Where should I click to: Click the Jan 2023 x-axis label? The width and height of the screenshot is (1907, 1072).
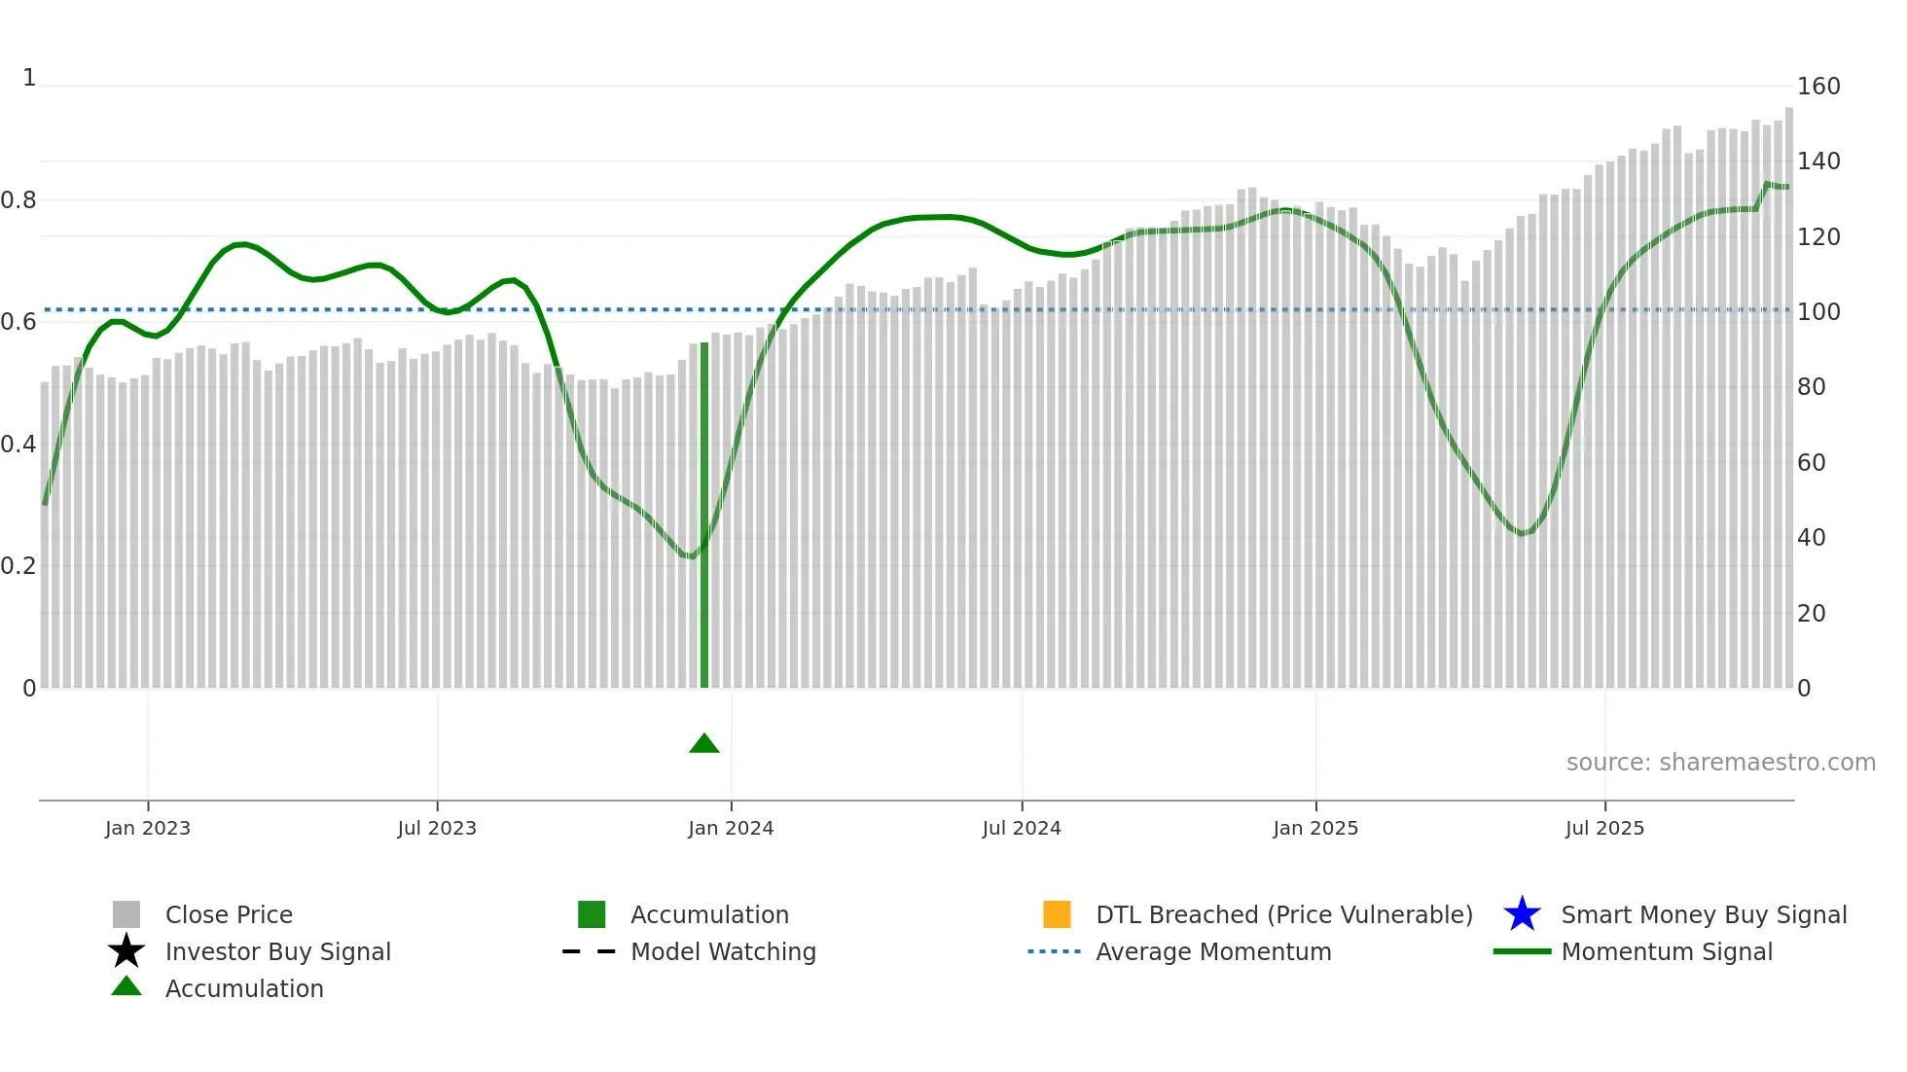tap(148, 828)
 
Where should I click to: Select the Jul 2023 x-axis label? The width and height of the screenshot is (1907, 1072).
tap(437, 828)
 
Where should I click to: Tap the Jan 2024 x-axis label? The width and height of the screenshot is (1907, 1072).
tap(731, 828)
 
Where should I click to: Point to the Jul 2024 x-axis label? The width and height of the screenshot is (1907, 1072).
tap(1022, 828)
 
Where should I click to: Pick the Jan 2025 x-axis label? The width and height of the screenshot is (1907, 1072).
tap(1315, 828)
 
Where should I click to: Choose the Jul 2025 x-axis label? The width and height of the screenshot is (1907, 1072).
tap(1604, 828)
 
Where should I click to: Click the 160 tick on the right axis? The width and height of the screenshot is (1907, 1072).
tap(1818, 87)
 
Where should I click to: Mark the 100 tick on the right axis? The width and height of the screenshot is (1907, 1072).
tap(1818, 312)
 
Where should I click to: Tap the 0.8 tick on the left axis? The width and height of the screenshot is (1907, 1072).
tap(18, 200)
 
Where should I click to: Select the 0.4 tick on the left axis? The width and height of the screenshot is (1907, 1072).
tap(18, 445)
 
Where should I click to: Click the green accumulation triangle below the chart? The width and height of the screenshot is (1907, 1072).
tap(704, 744)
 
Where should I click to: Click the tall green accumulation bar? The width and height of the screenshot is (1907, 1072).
tap(704, 516)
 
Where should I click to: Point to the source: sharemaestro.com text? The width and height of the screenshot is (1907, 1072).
tap(1720, 763)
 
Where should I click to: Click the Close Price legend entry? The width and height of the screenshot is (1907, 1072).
tap(229, 915)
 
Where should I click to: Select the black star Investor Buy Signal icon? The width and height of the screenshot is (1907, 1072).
tap(126, 951)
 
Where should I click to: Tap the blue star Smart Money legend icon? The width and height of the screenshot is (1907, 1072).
tap(1522, 914)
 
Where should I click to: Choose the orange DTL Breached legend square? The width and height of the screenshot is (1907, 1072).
tap(1057, 914)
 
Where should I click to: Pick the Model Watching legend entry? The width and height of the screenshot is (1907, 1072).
tap(723, 952)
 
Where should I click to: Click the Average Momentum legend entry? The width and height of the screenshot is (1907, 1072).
tap(1213, 952)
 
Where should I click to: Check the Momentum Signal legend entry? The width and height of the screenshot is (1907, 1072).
tap(1667, 952)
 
